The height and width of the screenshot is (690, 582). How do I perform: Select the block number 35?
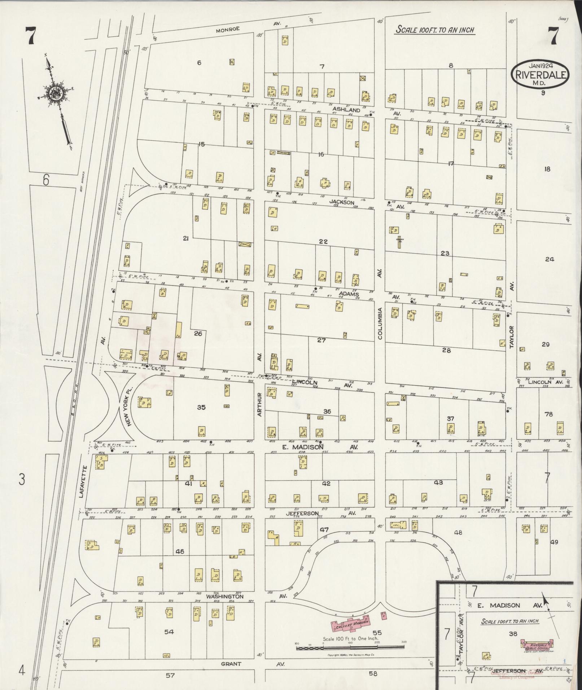[x=201, y=407]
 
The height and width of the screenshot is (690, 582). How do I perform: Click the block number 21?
[x=186, y=238]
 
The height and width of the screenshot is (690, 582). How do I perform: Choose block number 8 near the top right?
[x=450, y=65]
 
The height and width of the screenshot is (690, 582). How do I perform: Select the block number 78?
[x=548, y=414]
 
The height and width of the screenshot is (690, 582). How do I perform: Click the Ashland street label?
[x=346, y=110]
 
